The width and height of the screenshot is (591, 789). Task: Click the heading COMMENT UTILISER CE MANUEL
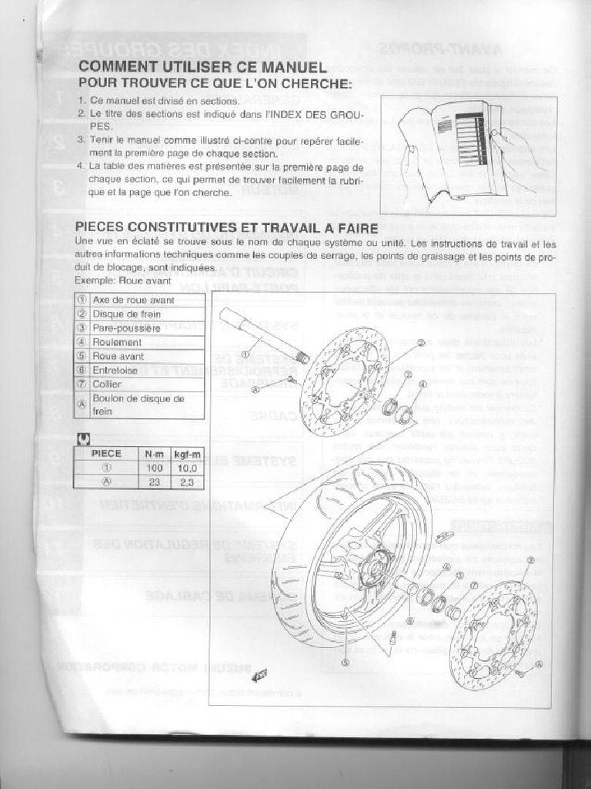[x=202, y=68]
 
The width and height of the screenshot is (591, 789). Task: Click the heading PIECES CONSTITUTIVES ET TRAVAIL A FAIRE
[x=226, y=228]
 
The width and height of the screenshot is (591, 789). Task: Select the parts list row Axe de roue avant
[x=133, y=300]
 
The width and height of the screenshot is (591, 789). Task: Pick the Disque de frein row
[x=127, y=314]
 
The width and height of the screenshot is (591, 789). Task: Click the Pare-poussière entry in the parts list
[x=126, y=328]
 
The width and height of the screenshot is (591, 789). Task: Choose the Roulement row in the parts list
[x=117, y=342]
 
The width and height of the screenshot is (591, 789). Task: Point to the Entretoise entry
[x=115, y=370]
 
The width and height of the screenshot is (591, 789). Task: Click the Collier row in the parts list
[x=107, y=384]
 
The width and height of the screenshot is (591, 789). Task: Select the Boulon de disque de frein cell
[x=139, y=405]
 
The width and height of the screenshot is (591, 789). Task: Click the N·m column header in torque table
[x=154, y=454]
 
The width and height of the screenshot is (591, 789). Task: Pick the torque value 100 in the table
[x=154, y=468]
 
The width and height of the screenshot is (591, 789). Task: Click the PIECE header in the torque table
[x=106, y=454]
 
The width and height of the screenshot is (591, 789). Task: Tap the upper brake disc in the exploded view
[x=344, y=381]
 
